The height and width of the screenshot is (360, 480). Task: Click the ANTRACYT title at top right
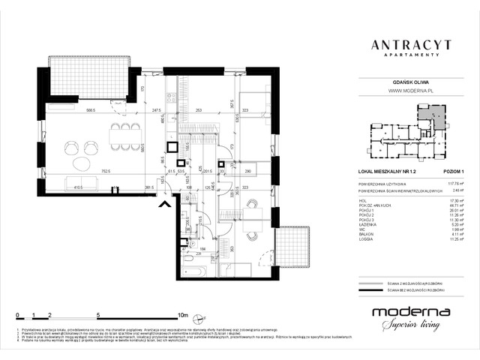point(409,45)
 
